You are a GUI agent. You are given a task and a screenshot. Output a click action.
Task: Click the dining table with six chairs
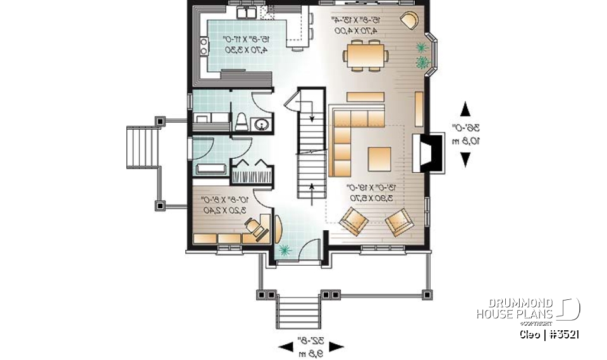point(366,53)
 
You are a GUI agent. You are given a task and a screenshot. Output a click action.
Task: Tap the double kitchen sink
point(246,13)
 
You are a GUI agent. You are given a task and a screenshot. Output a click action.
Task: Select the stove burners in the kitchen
point(204,45)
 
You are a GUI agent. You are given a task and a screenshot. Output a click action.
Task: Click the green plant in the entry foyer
point(283,250)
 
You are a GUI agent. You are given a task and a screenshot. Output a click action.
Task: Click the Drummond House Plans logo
point(528,309)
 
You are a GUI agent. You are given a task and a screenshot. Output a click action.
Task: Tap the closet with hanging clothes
point(252,172)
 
